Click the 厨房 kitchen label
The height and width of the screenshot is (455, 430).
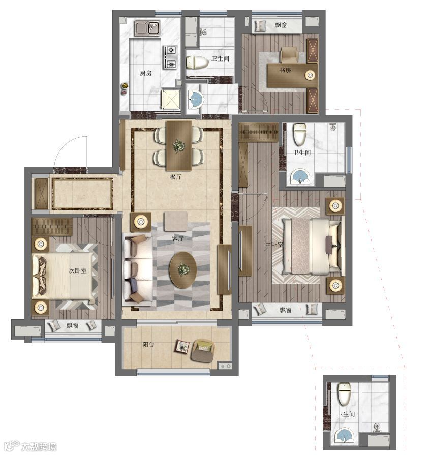click(146, 73)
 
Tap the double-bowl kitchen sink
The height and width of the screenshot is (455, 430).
click(147, 28)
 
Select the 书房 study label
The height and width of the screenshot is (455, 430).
click(285, 70)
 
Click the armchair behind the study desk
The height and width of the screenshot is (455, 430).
click(289, 55)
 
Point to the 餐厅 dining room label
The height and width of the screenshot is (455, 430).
click(176, 177)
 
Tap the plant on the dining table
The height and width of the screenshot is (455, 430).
click(178, 145)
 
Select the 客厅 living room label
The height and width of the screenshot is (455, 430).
click(178, 238)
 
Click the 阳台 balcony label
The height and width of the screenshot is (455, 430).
click(148, 345)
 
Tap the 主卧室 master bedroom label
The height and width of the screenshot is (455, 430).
click(274, 245)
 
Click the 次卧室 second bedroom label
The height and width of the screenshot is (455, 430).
click(78, 270)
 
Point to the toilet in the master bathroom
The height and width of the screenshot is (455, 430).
click(299, 134)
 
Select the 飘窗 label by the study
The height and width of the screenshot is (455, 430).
click(281, 25)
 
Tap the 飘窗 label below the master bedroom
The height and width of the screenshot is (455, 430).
click(286, 310)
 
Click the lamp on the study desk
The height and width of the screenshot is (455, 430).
click(310, 75)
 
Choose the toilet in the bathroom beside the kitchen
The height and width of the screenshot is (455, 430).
click(197, 63)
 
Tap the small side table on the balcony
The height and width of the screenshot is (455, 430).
click(182, 346)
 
